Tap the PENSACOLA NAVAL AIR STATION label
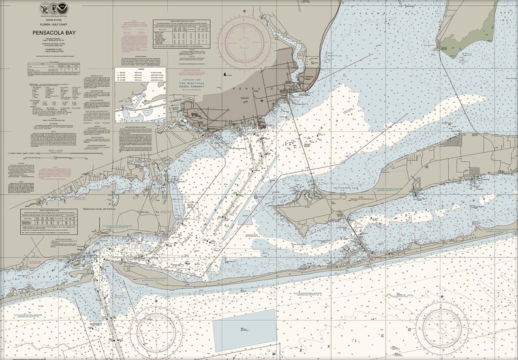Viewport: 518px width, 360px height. pos(108,207)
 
